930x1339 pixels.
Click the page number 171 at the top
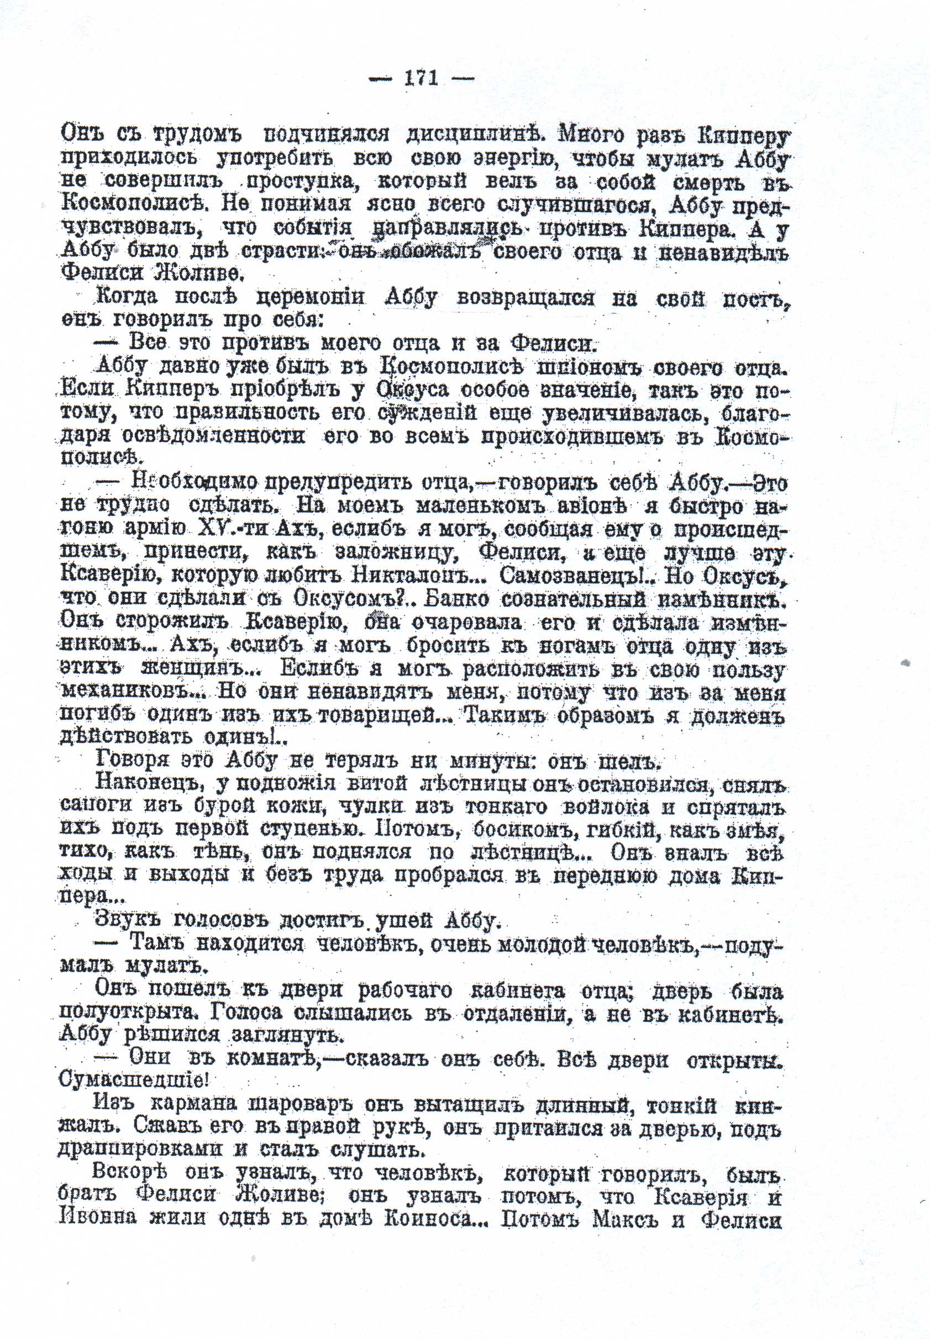421,78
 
